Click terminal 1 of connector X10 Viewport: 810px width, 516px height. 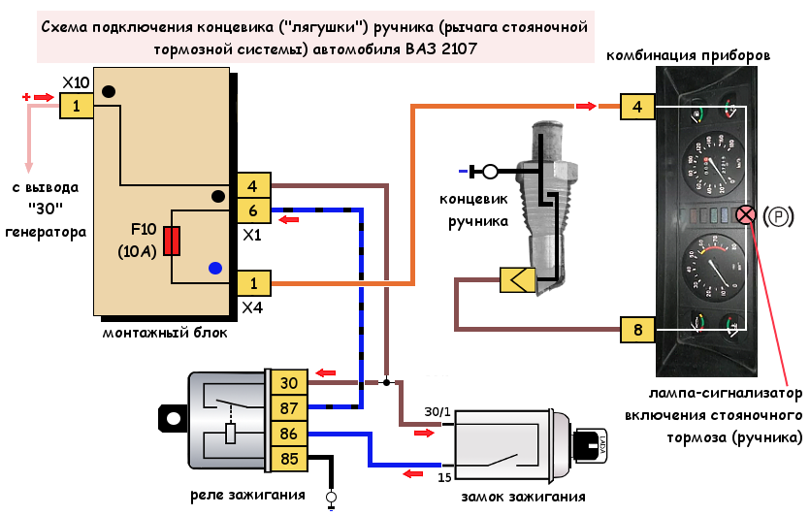point(77,106)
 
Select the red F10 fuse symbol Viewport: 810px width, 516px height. point(172,241)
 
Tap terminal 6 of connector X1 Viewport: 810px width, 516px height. point(253,211)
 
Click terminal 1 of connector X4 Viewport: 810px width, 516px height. point(253,283)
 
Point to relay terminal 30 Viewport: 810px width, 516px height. point(290,383)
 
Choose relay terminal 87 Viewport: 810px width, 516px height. point(290,408)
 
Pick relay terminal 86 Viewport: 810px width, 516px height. point(290,434)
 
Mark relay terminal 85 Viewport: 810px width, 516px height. point(290,459)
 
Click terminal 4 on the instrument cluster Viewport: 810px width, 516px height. point(637,106)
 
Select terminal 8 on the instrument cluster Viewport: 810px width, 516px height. point(637,331)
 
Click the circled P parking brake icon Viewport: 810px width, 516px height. point(778,215)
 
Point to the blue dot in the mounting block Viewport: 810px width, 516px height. point(215,268)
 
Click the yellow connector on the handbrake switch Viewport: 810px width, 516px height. point(515,280)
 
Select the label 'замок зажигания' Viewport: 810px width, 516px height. point(524,498)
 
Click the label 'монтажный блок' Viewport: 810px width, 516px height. point(164,333)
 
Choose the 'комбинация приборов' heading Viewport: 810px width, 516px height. point(689,56)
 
